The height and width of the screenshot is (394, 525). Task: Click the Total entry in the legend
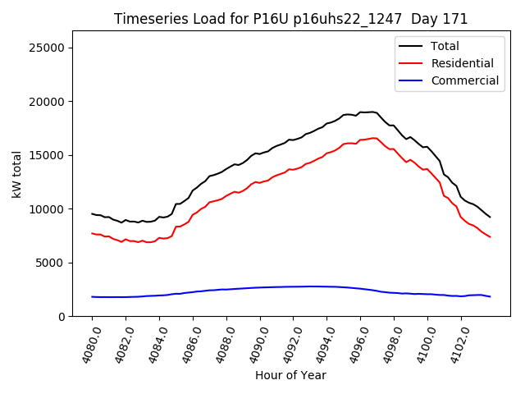445,46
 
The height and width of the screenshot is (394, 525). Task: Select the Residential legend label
462,63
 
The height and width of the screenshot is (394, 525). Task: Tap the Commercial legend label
465,80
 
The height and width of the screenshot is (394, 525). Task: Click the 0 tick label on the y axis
62,317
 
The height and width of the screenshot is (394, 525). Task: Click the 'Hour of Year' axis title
290,375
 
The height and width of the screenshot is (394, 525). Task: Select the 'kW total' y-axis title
16,174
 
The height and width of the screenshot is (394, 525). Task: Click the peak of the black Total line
372,112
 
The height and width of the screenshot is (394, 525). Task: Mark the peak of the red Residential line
374,138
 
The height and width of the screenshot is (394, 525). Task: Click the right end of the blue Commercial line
490,296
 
